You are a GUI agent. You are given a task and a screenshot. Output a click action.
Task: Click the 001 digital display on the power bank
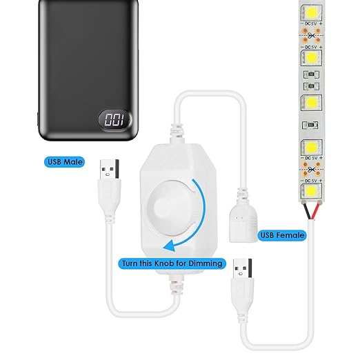[x=115, y=120]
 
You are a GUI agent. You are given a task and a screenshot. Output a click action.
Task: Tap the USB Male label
[x=65, y=162]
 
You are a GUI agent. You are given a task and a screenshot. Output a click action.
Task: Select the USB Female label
[x=282, y=235]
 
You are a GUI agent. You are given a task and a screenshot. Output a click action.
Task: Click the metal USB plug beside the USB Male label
[x=110, y=169]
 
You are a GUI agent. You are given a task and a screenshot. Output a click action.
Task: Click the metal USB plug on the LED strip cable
[x=243, y=268]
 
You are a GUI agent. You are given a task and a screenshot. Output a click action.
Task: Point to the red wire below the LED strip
[x=316, y=211]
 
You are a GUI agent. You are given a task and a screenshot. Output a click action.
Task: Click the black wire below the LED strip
[x=308, y=211]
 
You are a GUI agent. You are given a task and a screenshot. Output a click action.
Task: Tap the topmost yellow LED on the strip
[x=312, y=12]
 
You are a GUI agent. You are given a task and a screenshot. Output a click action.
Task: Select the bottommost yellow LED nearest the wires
[x=312, y=190]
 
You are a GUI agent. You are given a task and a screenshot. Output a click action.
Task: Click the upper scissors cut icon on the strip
[x=312, y=36]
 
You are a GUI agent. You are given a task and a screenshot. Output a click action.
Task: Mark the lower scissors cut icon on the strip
[x=312, y=170]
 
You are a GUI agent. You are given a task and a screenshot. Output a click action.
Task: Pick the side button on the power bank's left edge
[x=38, y=119]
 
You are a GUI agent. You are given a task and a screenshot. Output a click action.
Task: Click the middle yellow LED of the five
[x=312, y=102]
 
